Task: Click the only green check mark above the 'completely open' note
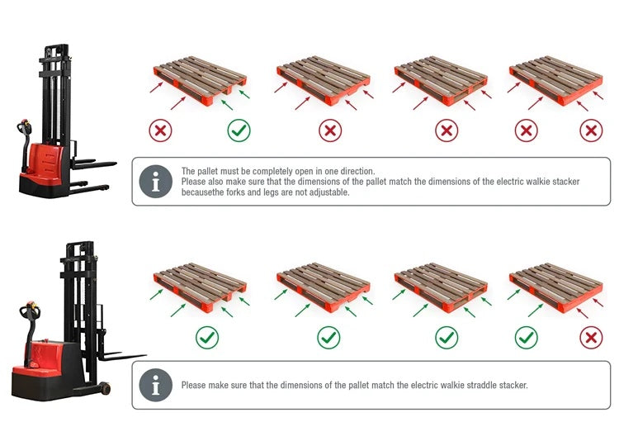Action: pos(239,130)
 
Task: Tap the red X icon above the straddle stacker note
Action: pos(591,338)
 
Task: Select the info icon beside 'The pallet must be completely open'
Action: pos(156,182)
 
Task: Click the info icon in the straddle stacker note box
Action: pos(156,385)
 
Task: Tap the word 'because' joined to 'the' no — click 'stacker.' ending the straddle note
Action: pos(513,385)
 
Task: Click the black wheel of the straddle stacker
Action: pos(105,388)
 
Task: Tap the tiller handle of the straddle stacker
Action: pos(31,311)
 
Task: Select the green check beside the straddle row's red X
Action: pos(527,338)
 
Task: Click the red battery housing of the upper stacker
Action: pos(46,163)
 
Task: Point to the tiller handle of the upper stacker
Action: pos(25,126)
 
